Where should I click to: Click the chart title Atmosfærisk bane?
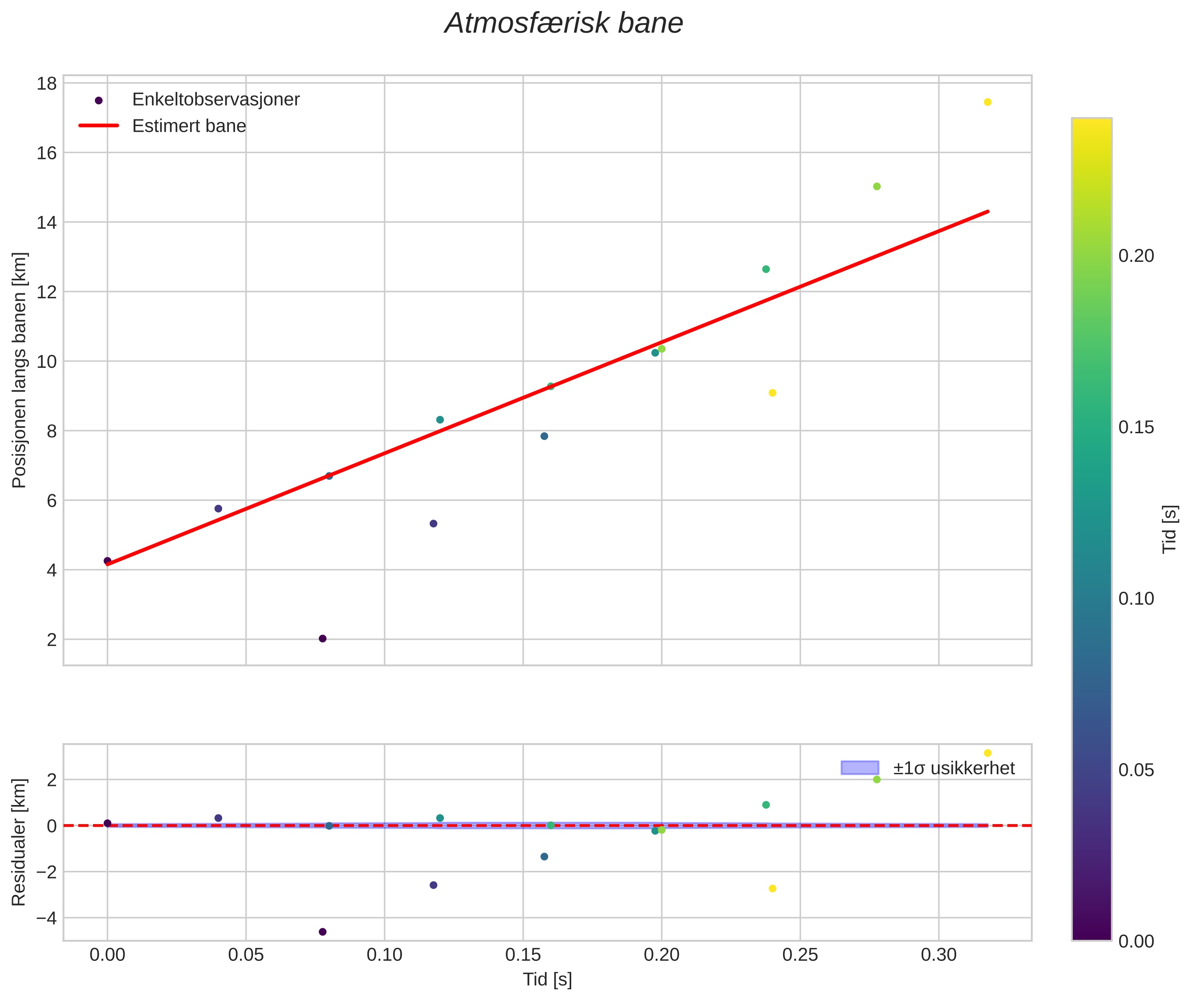564,24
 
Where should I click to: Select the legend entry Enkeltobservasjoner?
215,100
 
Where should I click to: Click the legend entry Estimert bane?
189,126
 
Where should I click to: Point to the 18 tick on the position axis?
47,84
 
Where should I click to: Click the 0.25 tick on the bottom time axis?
800,955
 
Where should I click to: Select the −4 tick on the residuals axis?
46,918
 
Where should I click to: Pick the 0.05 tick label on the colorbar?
1136,770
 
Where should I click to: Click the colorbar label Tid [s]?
1169,529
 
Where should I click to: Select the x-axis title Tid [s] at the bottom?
547,979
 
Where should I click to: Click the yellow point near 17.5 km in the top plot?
987,102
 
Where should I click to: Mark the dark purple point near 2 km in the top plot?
323,638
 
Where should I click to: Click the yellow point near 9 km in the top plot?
772,393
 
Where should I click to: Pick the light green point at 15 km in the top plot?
877,187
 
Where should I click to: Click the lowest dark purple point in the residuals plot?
323,932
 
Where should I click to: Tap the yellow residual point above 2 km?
987,753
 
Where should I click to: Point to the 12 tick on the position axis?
47,292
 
